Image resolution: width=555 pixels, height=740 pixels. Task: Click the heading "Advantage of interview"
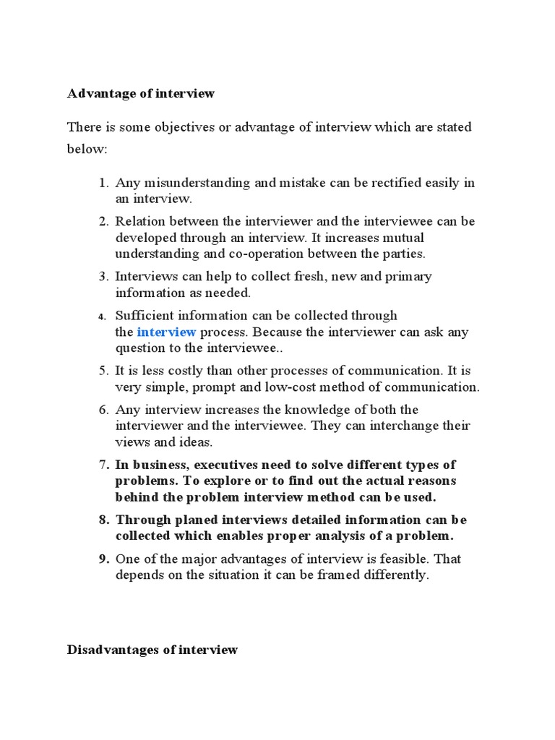pos(141,93)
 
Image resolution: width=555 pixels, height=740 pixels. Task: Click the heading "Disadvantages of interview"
pos(152,650)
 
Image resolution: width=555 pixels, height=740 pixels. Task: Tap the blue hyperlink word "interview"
pos(166,332)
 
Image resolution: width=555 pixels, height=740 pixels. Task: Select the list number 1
pos(103,184)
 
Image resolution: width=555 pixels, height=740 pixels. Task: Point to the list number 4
pos(103,317)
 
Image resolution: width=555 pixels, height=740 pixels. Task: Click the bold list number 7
pos(103,464)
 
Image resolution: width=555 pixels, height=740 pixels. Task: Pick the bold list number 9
pos(103,559)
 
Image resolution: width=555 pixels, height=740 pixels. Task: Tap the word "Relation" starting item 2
pos(139,221)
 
